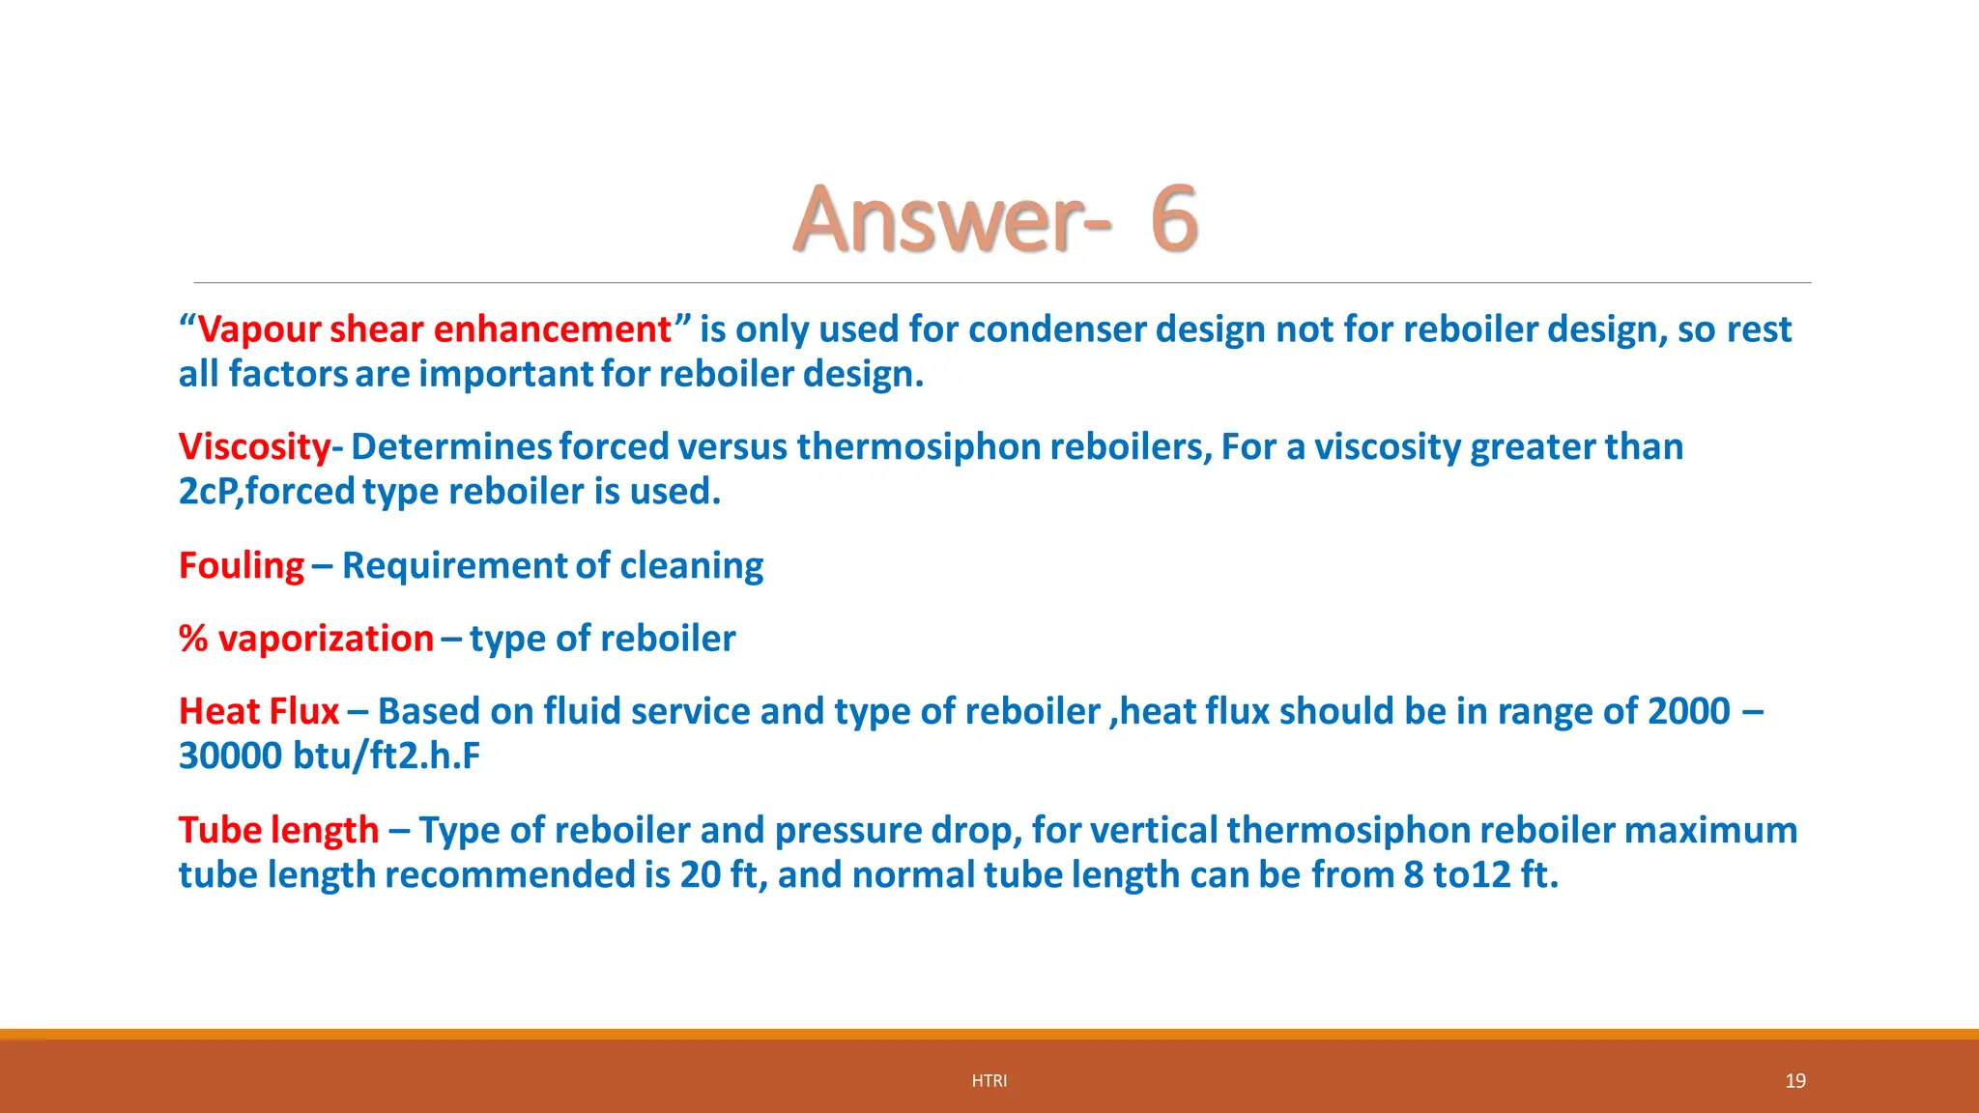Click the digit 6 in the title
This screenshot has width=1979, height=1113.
(x=1174, y=219)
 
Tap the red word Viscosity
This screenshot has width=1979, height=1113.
(x=254, y=447)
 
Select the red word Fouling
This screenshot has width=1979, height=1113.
(x=242, y=565)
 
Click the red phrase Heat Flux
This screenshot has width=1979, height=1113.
(x=259, y=711)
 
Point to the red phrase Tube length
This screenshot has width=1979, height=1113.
(x=278, y=830)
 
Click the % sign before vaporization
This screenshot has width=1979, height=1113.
(x=193, y=639)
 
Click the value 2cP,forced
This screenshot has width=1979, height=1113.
(x=267, y=492)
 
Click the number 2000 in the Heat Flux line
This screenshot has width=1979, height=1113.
(x=1688, y=711)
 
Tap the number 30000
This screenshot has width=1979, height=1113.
(x=230, y=756)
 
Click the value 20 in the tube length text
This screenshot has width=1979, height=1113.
(x=701, y=874)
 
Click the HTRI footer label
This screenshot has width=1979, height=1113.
(x=989, y=1081)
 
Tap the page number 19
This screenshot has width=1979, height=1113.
(x=1794, y=1081)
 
